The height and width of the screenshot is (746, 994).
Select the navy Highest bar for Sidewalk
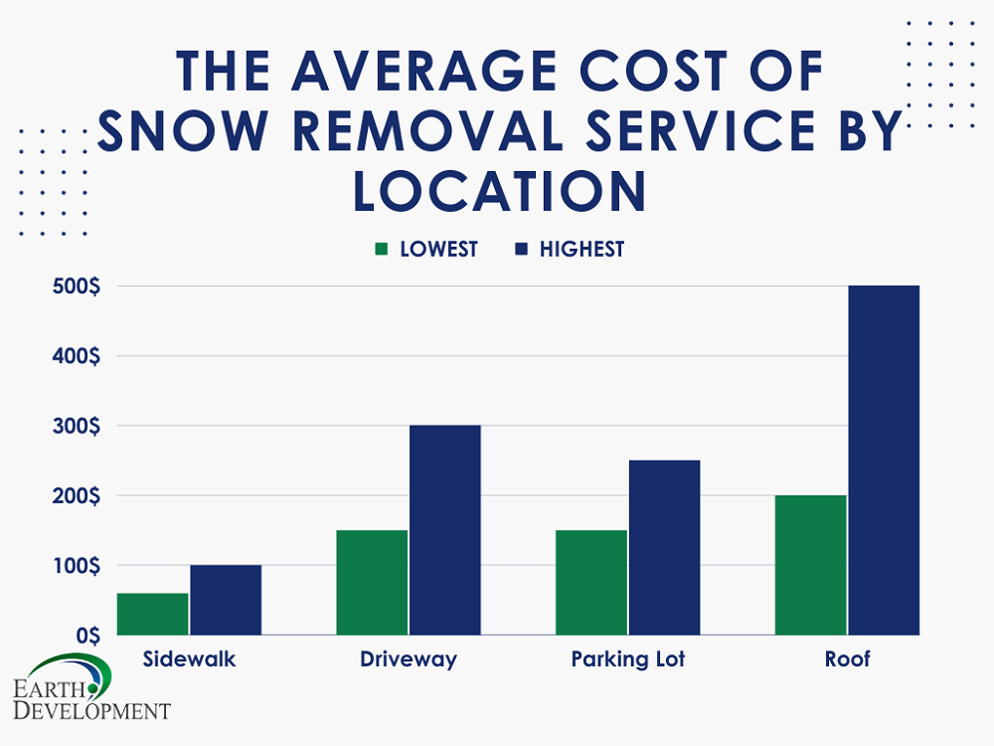tap(226, 600)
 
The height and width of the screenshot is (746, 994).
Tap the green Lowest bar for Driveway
tap(372, 582)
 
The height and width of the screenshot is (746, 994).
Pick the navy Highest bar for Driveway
tap(444, 530)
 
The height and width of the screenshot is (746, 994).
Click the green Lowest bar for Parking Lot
tap(591, 582)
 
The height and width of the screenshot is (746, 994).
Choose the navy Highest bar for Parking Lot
tap(664, 547)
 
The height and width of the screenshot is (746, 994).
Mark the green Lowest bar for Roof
tap(810, 565)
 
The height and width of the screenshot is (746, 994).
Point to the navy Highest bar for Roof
tap(884, 460)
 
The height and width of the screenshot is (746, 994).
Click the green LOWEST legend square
tap(381, 250)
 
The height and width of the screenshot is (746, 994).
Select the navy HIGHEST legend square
tap(520, 250)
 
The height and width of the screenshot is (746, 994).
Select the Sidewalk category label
tap(189, 659)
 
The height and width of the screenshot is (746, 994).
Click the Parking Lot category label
tap(628, 659)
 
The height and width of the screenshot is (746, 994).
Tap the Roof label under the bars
tap(847, 659)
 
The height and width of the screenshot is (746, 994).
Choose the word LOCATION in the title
tap(500, 190)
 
